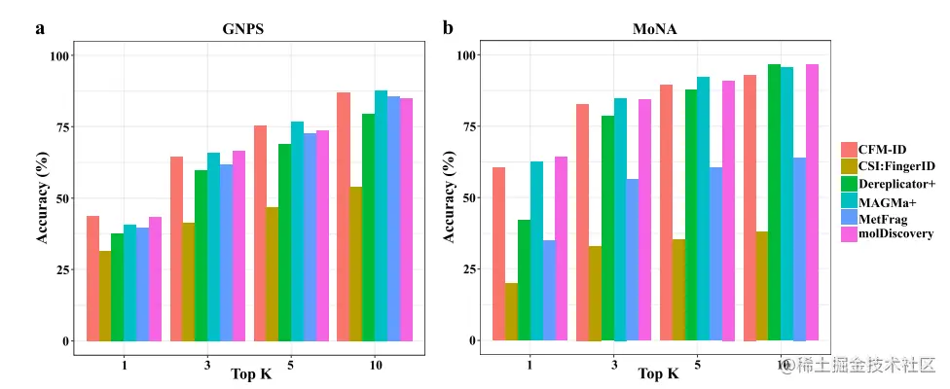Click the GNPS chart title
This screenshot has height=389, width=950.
tap(242, 29)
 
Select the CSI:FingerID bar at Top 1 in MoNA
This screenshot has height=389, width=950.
tap(511, 311)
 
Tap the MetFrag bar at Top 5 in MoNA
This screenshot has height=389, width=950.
tap(715, 254)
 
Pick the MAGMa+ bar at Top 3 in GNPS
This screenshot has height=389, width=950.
tap(213, 247)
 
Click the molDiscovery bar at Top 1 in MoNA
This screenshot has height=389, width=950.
tap(561, 248)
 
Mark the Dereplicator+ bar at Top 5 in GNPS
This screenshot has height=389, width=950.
tap(284, 242)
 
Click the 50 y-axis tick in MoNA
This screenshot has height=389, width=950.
tap(469, 197)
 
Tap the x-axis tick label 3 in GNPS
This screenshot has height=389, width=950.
tap(206, 365)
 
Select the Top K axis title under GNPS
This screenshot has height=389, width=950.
tap(250, 373)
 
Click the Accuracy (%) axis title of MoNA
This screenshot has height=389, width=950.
tap(449, 197)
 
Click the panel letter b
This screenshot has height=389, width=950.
tap(448, 27)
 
